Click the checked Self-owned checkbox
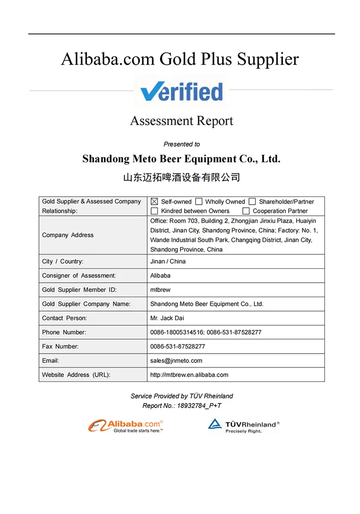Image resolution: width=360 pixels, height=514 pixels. [x=154, y=202]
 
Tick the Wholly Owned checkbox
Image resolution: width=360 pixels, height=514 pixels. [x=199, y=202]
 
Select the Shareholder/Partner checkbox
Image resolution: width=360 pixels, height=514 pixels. [x=252, y=202]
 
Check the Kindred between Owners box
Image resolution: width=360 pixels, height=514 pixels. [x=154, y=211]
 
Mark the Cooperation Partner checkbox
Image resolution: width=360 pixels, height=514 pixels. [x=246, y=211]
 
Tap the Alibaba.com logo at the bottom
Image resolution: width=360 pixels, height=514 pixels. [x=126, y=426]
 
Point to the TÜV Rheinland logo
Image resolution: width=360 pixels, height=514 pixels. [x=244, y=426]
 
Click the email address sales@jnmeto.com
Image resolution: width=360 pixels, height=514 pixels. [x=176, y=361]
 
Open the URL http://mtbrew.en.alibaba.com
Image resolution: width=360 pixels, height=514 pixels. [x=189, y=375]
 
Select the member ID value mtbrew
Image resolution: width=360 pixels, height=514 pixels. [x=160, y=290]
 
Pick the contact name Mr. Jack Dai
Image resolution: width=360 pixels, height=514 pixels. [x=167, y=318]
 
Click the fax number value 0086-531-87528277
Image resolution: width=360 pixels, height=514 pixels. [x=177, y=346]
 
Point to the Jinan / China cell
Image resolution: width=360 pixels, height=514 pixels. [x=168, y=262]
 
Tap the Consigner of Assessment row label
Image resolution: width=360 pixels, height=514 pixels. [x=79, y=276]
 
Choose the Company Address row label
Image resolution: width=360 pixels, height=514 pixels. [x=68, y=235]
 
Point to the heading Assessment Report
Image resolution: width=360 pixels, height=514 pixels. [x=182, y=121]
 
